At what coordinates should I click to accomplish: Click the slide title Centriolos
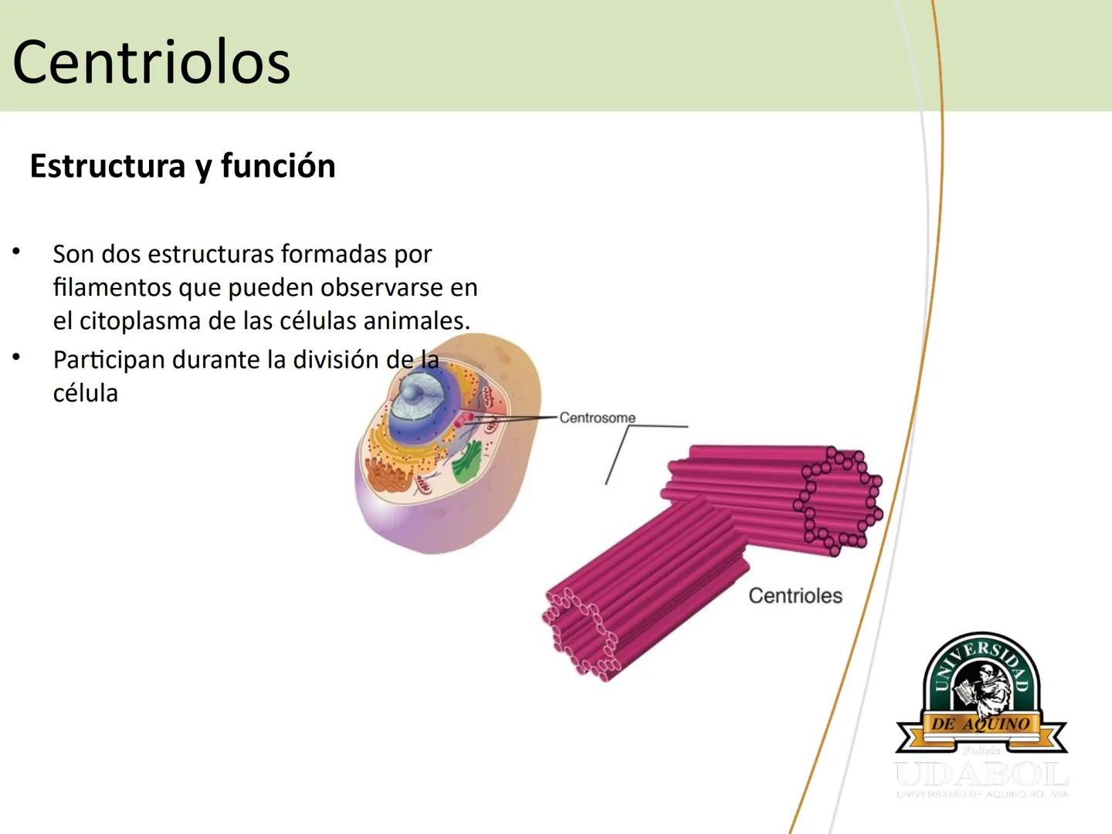(x=151, y=62)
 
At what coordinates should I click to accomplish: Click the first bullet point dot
(x=15, y=252)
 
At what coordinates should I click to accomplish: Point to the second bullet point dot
(x=15, y=358)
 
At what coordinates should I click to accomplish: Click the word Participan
(x=107, y=360)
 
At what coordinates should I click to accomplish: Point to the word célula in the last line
(x=85, y=393)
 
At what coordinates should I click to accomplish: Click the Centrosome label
(x=597, y=418)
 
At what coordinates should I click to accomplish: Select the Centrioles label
(x=795, y=595)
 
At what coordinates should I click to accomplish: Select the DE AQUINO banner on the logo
(x=981, y=724)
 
